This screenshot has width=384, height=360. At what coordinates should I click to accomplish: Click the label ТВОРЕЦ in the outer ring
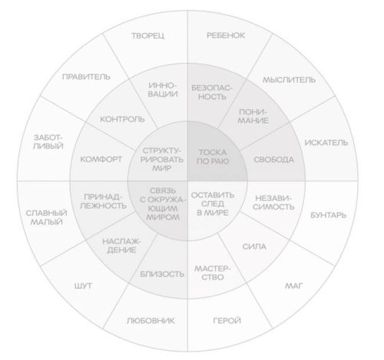(x=148, y=35)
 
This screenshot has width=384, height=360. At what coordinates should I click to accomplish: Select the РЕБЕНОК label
(x=226, y=35)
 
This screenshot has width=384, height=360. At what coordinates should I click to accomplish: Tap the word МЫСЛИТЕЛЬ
(x=290, y=80)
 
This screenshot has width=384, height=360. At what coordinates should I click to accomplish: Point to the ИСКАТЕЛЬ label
(x=326, y=143)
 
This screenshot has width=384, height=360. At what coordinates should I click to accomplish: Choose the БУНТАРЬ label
(x=328, y=215)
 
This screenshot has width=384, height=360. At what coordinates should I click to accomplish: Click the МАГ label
(x=294, y=286)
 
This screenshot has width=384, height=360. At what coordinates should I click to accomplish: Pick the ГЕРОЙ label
(x=227, y=320)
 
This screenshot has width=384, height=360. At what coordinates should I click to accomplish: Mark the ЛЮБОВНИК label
(x=151, y=321)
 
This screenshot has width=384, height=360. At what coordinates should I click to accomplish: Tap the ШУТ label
(x=83, y=286)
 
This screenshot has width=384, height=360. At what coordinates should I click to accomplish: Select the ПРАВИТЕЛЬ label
(x=86, y=77)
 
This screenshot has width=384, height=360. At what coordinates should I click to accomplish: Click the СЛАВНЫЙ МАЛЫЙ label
(x=47, y=217)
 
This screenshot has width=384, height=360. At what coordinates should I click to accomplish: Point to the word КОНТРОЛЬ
(x=122, y=119)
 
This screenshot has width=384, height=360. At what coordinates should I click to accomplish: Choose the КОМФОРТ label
(x=101, y=160)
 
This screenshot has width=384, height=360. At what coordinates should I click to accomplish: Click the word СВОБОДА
(x=273, y=160)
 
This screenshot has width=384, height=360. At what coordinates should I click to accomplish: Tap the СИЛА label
(x=254, y=246)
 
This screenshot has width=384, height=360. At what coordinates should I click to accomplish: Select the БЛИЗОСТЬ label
(x=162, y=274)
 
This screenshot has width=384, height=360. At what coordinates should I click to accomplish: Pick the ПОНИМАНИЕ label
(x=253, y=116)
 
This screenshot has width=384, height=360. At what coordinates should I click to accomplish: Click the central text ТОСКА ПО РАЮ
(x=213, y=157)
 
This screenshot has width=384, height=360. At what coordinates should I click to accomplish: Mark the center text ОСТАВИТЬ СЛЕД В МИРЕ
(x=213, y=204)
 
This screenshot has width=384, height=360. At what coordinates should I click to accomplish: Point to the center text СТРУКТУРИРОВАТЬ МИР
(x=162, y=160)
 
